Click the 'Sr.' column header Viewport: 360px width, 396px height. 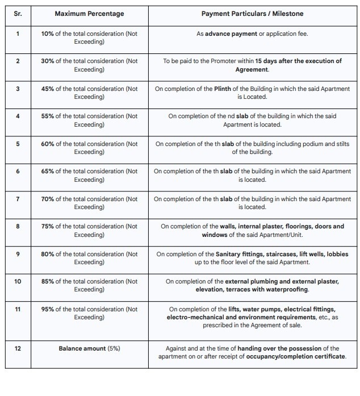point(17,13)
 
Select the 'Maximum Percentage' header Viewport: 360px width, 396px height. point(89,13)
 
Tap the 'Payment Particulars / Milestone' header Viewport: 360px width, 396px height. point(252,13)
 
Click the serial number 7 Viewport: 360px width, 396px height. point(17,199)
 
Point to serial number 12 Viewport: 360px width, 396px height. point(17,348)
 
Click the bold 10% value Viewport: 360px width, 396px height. point(48,34)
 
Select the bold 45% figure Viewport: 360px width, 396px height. point(48,89)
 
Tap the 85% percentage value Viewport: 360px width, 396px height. point(48,281)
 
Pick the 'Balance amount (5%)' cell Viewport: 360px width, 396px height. point(89,348)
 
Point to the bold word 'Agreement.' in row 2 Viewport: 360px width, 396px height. point(252,69)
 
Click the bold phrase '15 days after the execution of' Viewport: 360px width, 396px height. point(299,61)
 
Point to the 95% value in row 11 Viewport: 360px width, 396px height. point(48,309)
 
